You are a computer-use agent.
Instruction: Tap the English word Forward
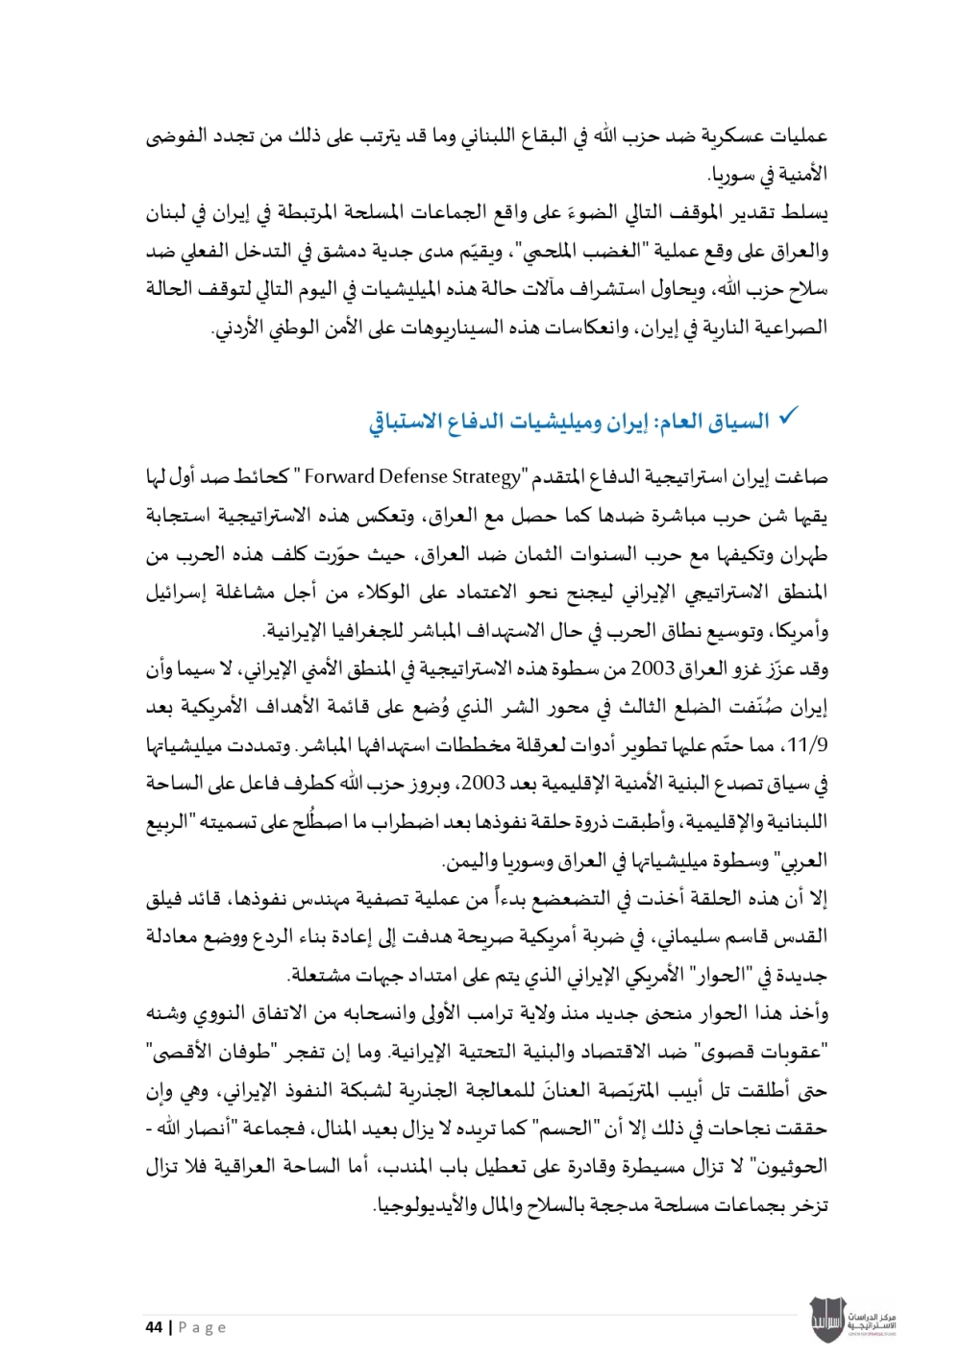340,476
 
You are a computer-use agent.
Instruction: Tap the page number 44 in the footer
154,1327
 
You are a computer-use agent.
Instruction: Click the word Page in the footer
203,1327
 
